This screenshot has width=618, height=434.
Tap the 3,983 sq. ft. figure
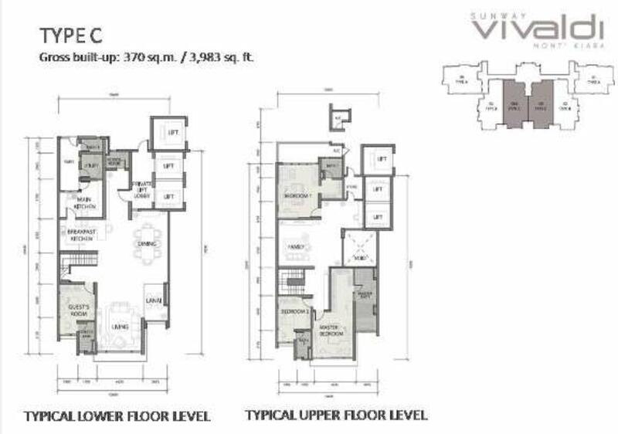[223, 57]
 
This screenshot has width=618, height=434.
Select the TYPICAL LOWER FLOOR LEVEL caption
[117, 417]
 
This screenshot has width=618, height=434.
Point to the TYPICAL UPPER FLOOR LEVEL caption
[335, 415]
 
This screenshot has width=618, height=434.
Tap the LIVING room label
[120, 327]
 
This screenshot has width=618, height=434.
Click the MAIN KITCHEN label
[85, 204]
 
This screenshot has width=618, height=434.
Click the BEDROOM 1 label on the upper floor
[297, 196]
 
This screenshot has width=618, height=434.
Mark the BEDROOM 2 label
[294, 310]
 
